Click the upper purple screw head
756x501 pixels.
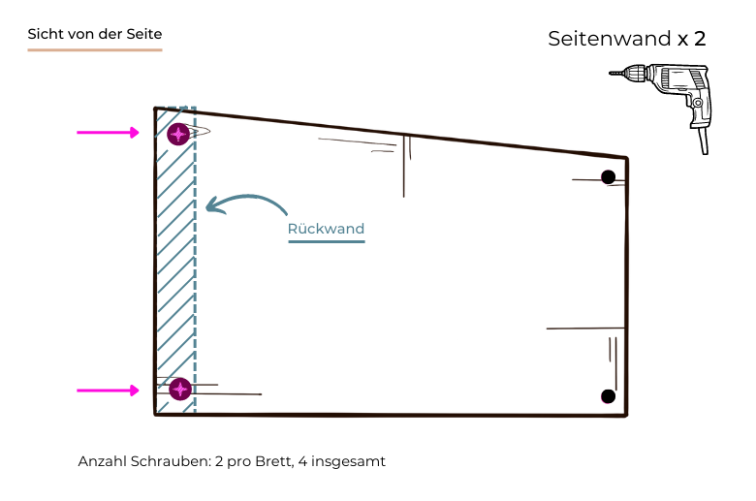[x=177, y=134]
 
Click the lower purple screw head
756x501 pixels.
[x=179, y=389]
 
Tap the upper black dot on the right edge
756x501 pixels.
[x=608, y=176]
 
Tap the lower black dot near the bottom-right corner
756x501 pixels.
[x=608, y=395]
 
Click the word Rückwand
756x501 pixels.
[x=326, y=230]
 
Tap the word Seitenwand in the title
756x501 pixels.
[x=610, y=40]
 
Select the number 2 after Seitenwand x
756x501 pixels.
[x=699, y=40]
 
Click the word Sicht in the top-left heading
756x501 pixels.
[x=45, y=34]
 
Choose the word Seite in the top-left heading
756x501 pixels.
[x=143, y=34]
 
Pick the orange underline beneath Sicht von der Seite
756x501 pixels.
[x=94, y=48]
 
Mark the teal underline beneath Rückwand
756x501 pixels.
[x=326, y=241]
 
